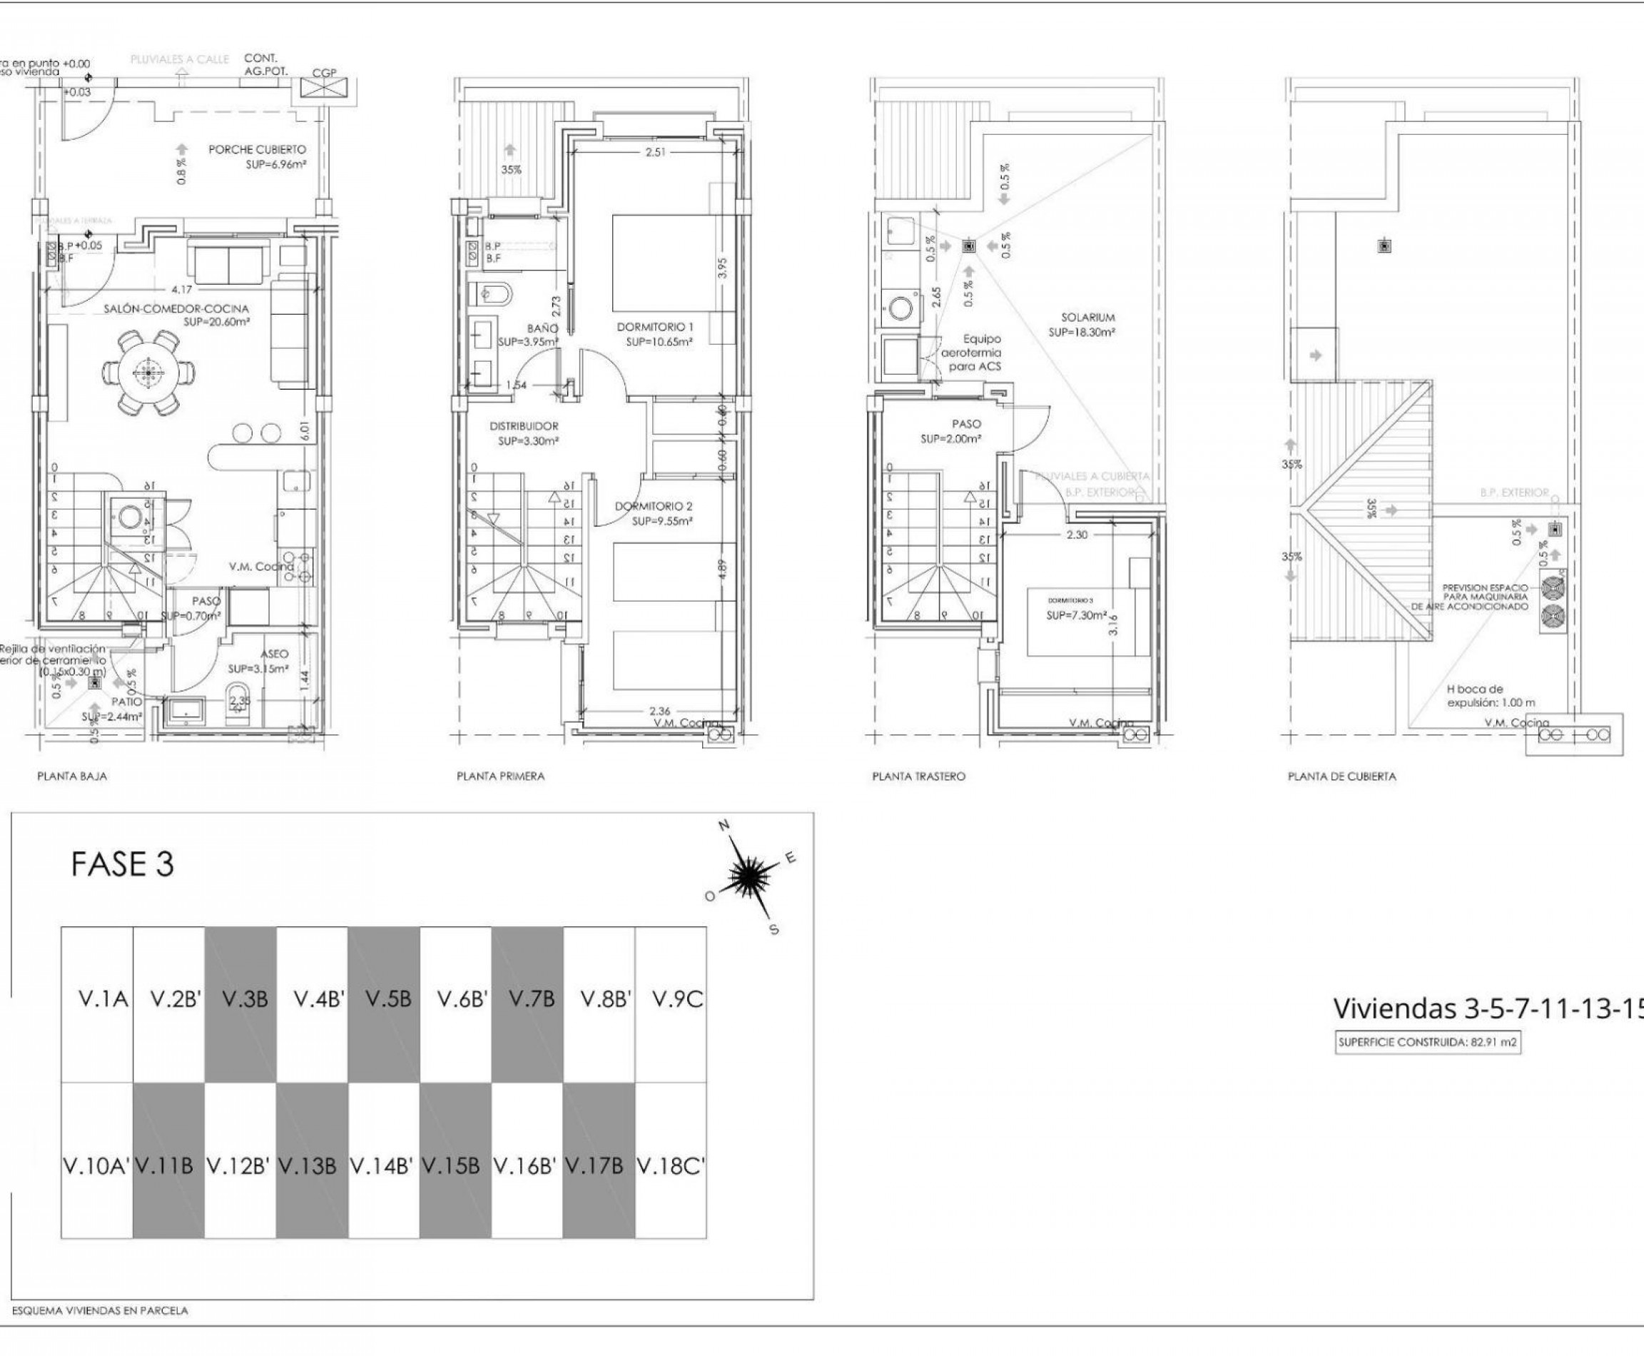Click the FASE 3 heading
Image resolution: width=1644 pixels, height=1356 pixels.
tap(122, 864)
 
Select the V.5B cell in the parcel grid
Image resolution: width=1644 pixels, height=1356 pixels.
tap(387, 999)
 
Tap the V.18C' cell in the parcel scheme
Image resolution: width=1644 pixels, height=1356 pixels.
tap(671, 1166)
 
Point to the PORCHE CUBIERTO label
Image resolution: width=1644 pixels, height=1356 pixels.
tap(257, 149)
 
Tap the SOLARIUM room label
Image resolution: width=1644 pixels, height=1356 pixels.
tap(1087, 317)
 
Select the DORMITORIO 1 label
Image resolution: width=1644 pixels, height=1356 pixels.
tap(654, 326)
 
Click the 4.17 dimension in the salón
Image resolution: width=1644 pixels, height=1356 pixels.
tap(181, 290)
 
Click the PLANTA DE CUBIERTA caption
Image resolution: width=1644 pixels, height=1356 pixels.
tap(1341, 776)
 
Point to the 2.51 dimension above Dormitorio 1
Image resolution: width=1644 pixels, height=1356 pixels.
tap(655, 152)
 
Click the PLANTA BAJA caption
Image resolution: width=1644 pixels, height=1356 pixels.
tap(72, 776)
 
